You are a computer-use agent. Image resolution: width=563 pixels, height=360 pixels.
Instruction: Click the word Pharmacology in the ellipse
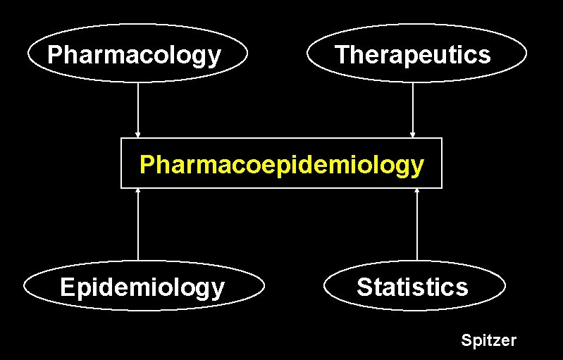134,55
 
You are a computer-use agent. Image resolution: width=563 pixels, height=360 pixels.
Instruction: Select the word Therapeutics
412,55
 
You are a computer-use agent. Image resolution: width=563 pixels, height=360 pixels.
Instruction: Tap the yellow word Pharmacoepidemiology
282,164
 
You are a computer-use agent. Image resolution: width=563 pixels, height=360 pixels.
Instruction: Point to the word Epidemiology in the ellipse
142,287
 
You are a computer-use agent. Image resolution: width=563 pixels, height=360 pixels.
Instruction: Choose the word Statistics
412,287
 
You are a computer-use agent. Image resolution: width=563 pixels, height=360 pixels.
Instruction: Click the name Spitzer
488,341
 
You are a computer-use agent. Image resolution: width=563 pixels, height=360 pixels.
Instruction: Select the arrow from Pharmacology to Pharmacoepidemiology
138,109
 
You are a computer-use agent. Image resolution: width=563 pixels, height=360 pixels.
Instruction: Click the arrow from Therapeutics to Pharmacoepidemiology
413,109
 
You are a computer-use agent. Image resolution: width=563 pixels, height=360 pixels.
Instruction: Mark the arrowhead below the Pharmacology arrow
138,135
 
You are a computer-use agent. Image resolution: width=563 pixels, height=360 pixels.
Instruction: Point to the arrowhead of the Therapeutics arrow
413,135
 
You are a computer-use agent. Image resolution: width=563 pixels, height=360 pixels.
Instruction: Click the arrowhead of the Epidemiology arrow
138,191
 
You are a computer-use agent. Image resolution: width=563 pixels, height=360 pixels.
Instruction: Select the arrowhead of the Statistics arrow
417,191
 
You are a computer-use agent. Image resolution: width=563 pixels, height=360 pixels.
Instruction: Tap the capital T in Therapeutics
342,55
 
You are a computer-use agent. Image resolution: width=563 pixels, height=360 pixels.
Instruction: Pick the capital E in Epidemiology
68,287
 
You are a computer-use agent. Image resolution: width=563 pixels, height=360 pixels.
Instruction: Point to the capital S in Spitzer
466,341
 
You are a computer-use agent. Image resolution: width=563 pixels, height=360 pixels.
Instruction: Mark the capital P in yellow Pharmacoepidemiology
147,164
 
